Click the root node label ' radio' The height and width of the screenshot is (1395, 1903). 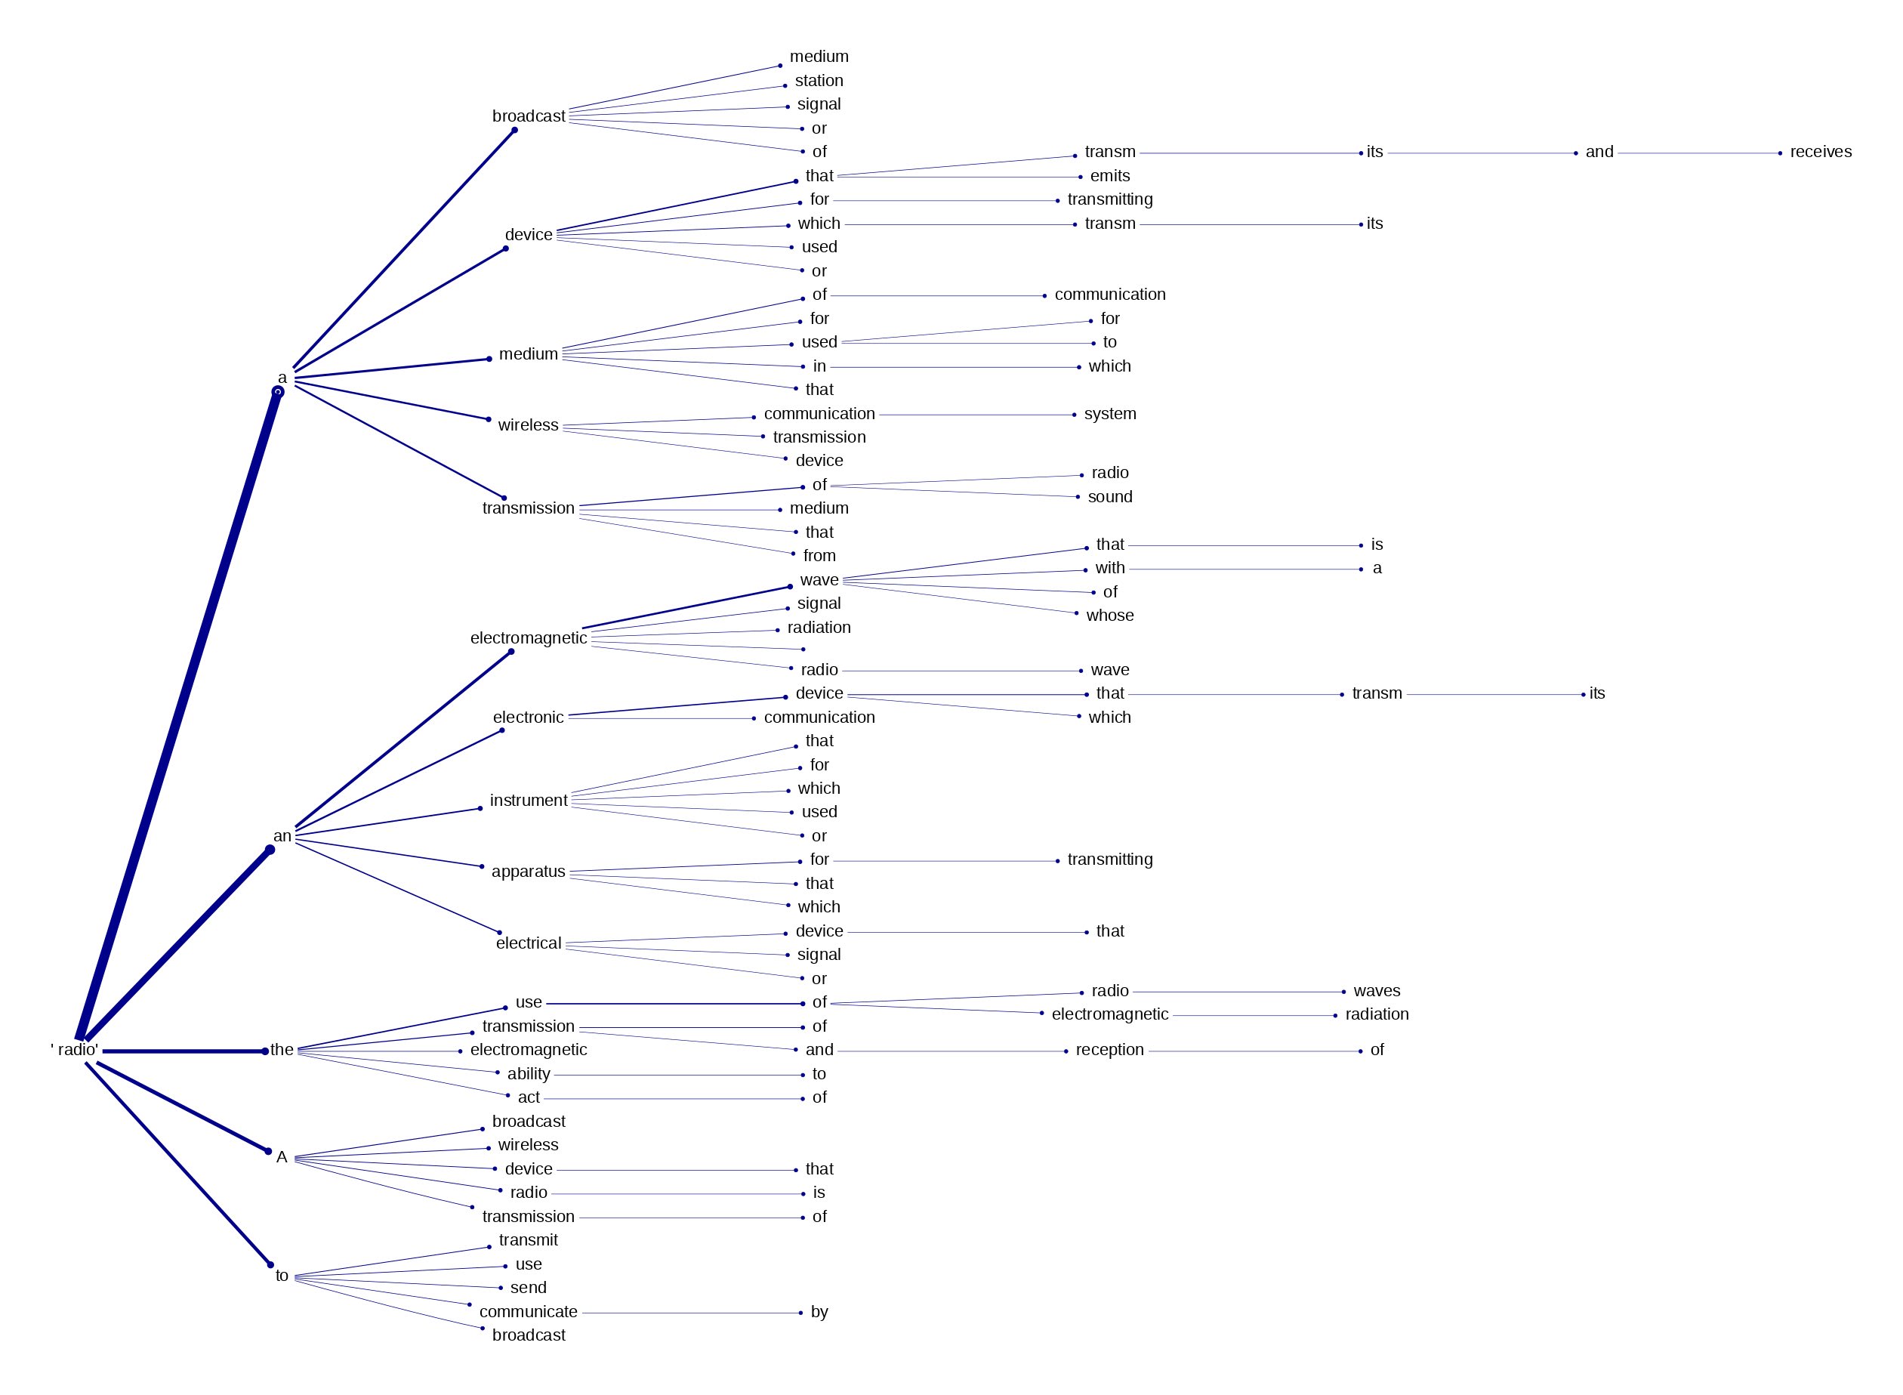76,1050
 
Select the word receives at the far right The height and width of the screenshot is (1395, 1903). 1820,152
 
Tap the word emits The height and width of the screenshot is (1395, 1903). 1109,176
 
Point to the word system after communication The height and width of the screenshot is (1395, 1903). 1109,414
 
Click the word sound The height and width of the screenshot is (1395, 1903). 1109,496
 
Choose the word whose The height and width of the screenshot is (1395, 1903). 1109,616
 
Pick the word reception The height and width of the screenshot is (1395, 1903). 1109,1050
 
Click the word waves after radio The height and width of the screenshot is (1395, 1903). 1376,990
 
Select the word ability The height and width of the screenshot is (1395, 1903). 529,1074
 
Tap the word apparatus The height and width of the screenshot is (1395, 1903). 529,872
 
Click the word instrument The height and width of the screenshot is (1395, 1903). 529,801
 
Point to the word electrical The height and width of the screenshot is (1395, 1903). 529,943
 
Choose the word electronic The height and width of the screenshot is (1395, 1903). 529,717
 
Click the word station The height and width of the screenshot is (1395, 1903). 819,80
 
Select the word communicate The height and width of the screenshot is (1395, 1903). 529,1311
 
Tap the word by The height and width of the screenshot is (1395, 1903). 819,1311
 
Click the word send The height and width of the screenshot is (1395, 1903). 529,1288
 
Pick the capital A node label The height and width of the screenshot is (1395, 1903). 282,1158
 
